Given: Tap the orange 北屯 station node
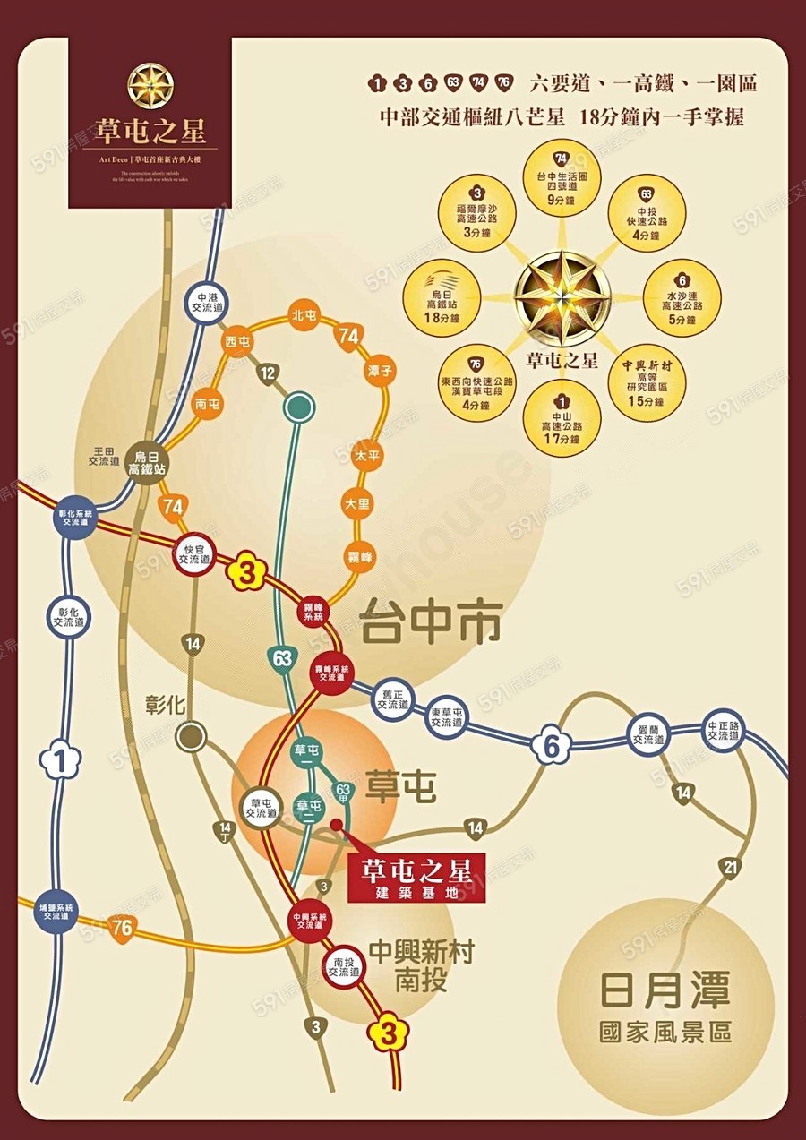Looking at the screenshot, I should pyautogui.click(x=304, y=316).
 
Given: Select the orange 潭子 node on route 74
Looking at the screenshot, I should pyautogui.click(x=375, y=369).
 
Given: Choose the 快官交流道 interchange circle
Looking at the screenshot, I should pyautogui.click(x=193, y=555).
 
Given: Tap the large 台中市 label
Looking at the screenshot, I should pyautogui.click(x=430, y=621).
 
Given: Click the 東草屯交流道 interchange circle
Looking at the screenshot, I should pyautogui.click(x=446, y=717).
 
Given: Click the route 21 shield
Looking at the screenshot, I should pyautogui.click(x=730, y=867).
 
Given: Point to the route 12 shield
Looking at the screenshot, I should pyautogui.click(x=267, y=373).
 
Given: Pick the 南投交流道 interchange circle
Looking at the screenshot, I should pyautogui.click(x=343, y=967).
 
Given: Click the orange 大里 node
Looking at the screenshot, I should pyautogui.click(x=357, y=504).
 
